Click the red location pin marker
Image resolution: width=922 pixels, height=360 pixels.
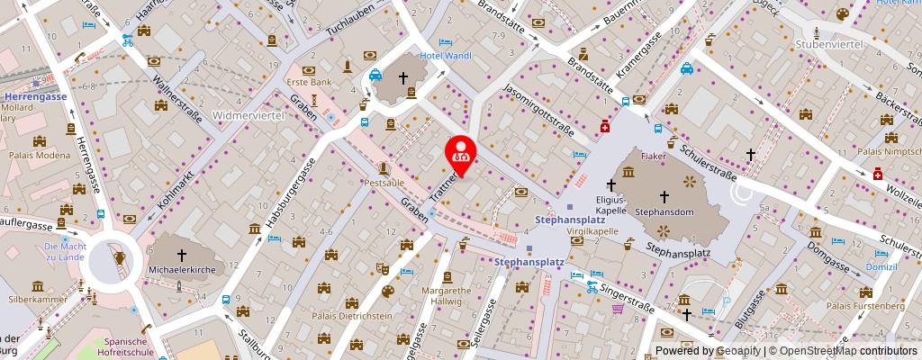click(x=462, y=149)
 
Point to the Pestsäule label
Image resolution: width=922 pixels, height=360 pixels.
click(x=384, y=182)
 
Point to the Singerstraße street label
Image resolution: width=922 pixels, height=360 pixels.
click(x=628, y=292)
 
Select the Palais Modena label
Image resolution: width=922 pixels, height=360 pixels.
click(x=39, y=155)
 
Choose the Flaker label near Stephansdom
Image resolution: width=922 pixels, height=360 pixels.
click(x=653, y=156)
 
